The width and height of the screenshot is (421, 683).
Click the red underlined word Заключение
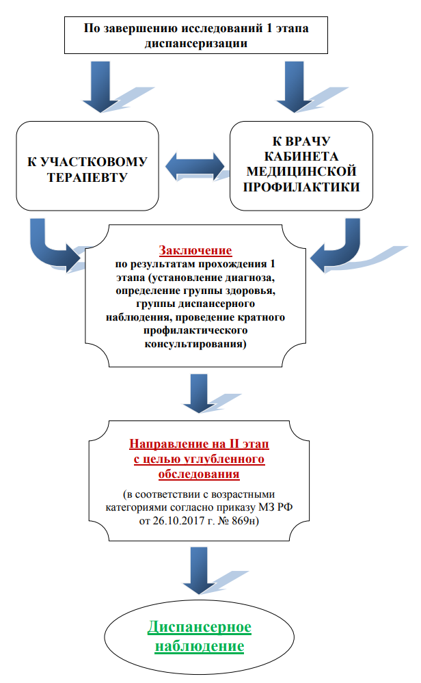point(195,250)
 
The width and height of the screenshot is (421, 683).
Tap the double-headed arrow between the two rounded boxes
point(195,166)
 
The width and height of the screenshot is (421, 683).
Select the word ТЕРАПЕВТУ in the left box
point(87,178)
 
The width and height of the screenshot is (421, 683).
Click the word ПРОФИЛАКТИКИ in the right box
point(301,187)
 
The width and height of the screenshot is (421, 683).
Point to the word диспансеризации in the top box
point(196,44)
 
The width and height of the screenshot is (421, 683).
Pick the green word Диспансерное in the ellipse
point(200,627)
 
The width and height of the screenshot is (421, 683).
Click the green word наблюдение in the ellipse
point(200,646)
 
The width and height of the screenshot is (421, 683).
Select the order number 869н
point(245,521)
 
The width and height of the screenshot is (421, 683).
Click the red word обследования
point(199,474)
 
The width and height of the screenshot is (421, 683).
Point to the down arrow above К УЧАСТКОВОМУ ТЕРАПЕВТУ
point(100,87)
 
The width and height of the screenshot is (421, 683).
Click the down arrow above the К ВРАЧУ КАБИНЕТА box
point(295,87)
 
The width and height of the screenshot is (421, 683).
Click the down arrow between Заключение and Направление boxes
point(199,393)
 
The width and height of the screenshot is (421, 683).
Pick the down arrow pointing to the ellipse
point(199,571)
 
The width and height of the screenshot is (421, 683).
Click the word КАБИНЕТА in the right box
point(301,157)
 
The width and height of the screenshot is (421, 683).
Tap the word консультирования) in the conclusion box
point(195,344)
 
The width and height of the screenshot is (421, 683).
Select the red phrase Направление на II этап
point(199,444)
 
